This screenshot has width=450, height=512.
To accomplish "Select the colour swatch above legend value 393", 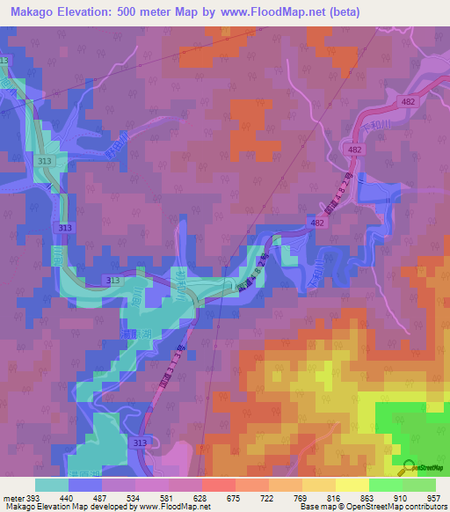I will coord(52,484).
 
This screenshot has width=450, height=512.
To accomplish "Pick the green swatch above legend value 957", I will coord(419,484).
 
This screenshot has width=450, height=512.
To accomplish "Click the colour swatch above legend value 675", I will coord(219,484).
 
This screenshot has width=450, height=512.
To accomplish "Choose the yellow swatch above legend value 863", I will coord(352,484).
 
